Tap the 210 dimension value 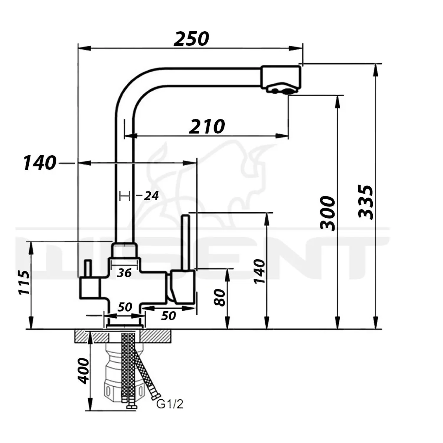coord(207,126)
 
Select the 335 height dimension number coord(366,202)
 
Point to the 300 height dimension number coord(328,213)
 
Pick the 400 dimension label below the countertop coord(83,371)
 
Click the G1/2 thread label coord(170,404)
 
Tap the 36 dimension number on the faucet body coord(124,273)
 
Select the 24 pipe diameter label coord(151,196)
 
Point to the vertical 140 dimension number coord(260,271)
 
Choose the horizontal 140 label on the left coord(40,163)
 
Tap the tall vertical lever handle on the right coord(186,242)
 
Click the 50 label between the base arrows coord(125,307)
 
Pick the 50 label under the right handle coord(168,315)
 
